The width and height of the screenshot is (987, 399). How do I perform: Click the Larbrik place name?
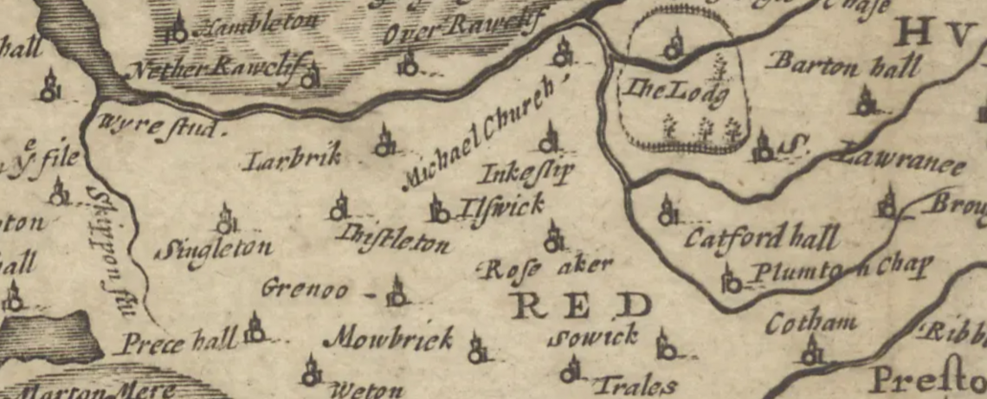(292, 158)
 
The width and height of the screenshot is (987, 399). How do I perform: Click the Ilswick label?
(501, 206)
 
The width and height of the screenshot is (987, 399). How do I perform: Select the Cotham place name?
(810, 324)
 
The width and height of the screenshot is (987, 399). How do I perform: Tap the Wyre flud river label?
(160, 126)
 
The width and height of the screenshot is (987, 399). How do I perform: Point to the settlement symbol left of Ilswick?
(439, 209)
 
